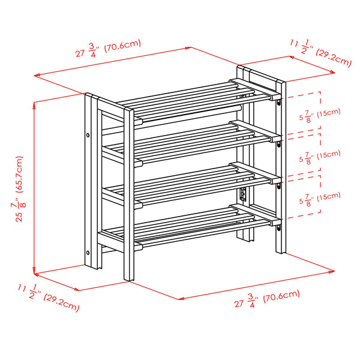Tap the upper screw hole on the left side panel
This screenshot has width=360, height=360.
(88, 136)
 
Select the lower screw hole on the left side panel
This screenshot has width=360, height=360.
(88, 252)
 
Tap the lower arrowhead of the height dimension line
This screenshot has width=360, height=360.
(35, 269)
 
